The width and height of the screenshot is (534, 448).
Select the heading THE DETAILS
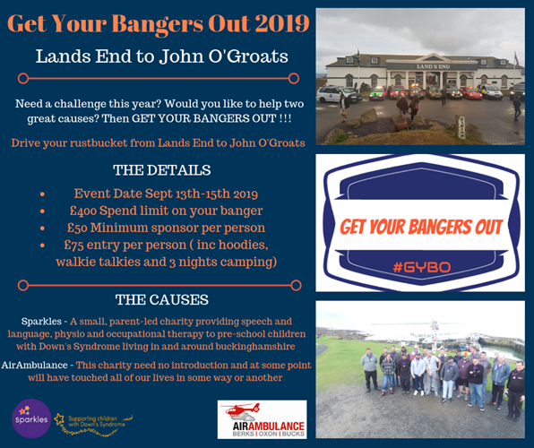[x=162, y=170]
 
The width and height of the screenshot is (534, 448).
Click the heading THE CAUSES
[x=162, y=300]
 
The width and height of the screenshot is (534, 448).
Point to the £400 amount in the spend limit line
[x=83, y=211]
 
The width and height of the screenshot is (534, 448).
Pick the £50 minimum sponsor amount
[x=77, y=228]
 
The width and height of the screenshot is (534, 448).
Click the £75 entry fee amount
[x=73, y=245]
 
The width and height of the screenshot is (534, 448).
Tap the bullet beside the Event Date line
[x=43, y=194]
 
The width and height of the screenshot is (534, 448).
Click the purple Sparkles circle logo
[x=31, y=418]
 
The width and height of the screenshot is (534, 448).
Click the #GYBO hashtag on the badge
[x=422, y=267]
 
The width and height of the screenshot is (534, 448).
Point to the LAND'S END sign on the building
[x=433, y=66]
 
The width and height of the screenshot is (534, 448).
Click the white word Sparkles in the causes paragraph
[x=41, y=322]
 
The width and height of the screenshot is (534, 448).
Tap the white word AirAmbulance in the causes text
[x=34, y=366]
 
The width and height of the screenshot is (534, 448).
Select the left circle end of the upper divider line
[x=23, y=78]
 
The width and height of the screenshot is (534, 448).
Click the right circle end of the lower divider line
[x=296, y=285]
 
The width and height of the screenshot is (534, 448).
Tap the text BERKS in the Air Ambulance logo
[x=244, y=434]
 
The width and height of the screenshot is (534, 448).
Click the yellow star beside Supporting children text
[x=59, y=418]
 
